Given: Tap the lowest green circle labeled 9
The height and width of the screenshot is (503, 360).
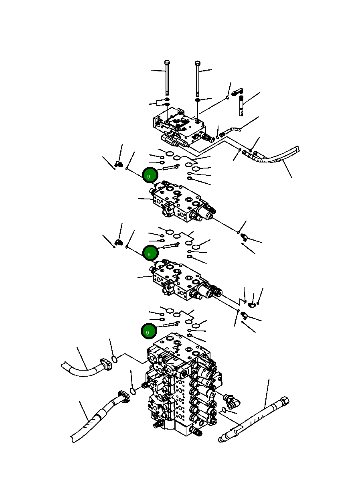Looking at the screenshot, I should pyautogui.click(x=148, y=332).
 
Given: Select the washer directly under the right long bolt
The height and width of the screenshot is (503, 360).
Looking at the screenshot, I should pyautogui.click(x=198, y=99).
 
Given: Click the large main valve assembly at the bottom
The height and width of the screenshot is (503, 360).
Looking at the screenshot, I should pyautogui.click(x=180, y=385).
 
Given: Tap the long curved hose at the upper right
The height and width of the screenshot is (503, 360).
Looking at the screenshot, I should pyautogui.click(x=277, y=156).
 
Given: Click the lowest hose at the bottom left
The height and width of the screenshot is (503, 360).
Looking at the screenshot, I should pyautogui.click(x=96, y=419).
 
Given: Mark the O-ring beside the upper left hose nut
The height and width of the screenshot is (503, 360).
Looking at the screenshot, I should pyautogui.click(x=115, y=359).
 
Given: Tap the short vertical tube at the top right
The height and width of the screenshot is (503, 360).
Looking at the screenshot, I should pyautogui.click(x=241, y=106).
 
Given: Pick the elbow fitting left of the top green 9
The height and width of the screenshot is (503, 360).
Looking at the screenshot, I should pyautogui.click(x=119, y=164).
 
